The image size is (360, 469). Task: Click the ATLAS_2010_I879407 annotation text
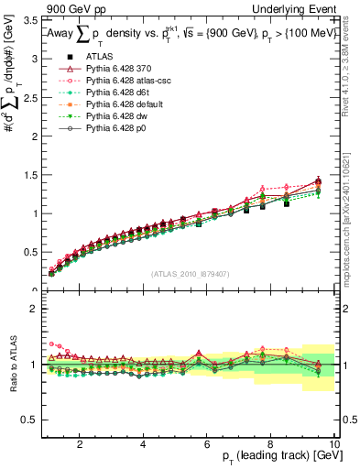tap(191, 273)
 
